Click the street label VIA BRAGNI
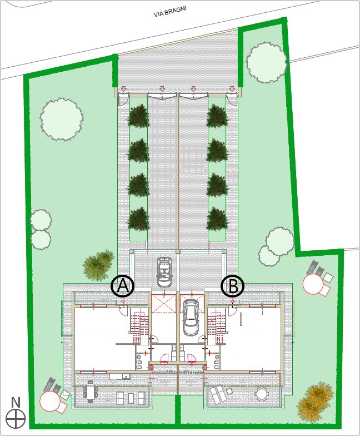(170, 12)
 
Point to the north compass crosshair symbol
(16, 418)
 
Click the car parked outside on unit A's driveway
(164, 271)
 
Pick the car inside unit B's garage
(191, 317)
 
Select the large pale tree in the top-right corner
(267, 62)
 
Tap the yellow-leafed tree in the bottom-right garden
(316, 402)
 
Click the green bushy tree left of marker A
(99, 265)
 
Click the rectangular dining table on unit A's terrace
(90, 392)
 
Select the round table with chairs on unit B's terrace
(261, 394)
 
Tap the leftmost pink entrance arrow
(123, 89)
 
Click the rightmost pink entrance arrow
(232, 89)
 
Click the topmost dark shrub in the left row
(138, 116)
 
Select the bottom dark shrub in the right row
(218, 219)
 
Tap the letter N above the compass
(16, 403)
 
